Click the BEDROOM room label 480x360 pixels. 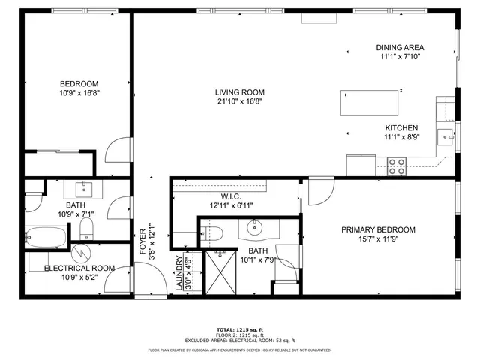point(79,83)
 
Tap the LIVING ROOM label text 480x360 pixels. point(241,92)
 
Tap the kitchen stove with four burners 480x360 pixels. point(396,166)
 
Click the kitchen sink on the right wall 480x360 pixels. point(445,136)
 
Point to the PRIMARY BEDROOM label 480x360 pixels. point(378,230)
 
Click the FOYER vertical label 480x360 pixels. point(146,240)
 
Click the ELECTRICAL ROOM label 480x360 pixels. point(79,268)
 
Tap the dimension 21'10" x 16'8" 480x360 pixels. point(241,101)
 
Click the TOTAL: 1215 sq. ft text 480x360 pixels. point(240,329)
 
